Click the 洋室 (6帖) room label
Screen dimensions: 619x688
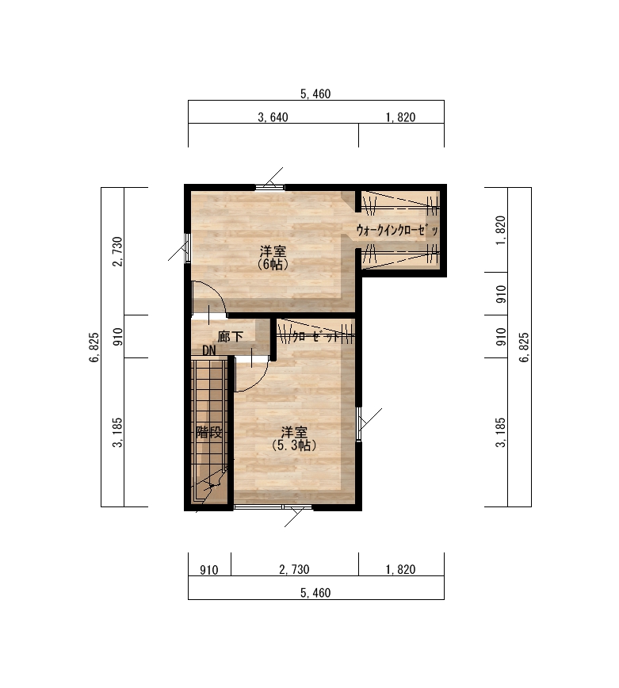point(273,258)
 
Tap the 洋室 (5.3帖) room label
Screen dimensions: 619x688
point(294,439)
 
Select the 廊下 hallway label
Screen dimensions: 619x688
point(231,337)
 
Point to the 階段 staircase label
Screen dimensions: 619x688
point(208,432)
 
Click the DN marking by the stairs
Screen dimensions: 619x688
point(209,350)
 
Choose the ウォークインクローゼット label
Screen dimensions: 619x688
point(397,231)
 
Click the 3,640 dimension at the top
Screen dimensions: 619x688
point(273,117)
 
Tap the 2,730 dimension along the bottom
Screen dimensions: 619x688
point(294,570)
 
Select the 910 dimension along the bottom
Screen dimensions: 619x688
point(209,570)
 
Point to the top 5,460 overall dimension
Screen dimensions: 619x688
point(315,94)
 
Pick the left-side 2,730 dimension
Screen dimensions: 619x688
point(117,251)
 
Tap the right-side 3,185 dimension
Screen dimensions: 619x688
point(501,432)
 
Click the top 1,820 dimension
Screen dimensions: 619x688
point(400,117)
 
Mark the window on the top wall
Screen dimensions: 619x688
point(269,187)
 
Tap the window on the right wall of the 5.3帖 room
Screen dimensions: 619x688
point(358,423)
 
